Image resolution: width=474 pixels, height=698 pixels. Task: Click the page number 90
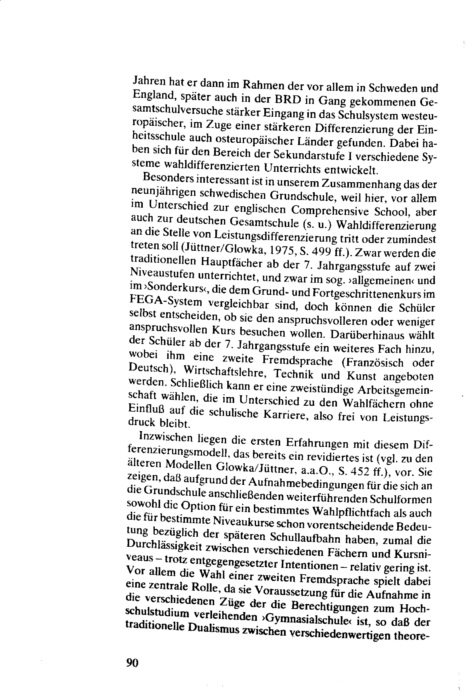[132, 662]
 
